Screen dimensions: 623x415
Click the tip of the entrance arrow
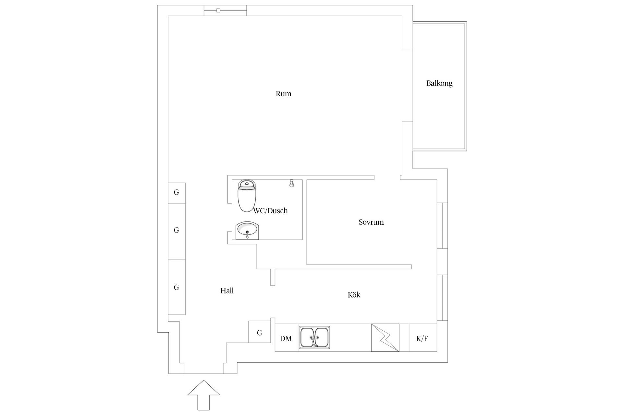[x=203, y=380]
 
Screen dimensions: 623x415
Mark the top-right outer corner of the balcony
[x=467, y=22]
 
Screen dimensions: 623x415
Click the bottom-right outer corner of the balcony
[x=467, y=150]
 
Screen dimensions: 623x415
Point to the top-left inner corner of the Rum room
[x=168, y=16]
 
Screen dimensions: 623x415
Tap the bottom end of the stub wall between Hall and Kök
[x=273, y=286]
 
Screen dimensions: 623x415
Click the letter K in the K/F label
[x=419, y=339]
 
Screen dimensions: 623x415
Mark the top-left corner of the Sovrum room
[x=307, y=180]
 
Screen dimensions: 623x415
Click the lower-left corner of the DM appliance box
[x=275, y=351]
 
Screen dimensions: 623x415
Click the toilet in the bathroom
[x=247, y=196]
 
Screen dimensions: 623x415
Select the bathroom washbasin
[x=247, y=231]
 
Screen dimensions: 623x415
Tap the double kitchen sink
[x=314, y=338]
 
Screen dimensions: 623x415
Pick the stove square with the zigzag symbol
[x=385, y=338]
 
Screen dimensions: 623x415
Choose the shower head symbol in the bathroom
[x=292, y=184]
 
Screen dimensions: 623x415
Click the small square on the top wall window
[x=218, y=11]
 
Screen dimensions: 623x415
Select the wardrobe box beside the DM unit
[x=260, y=332]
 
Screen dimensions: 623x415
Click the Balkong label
[x=439, y=83]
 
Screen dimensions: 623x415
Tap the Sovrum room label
[x=371, y=222]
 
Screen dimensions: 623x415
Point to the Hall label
[x=227, y=291]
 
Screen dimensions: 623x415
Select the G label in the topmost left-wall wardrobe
[x=177, y=192]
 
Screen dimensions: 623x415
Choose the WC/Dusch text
[x=271, y=211]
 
